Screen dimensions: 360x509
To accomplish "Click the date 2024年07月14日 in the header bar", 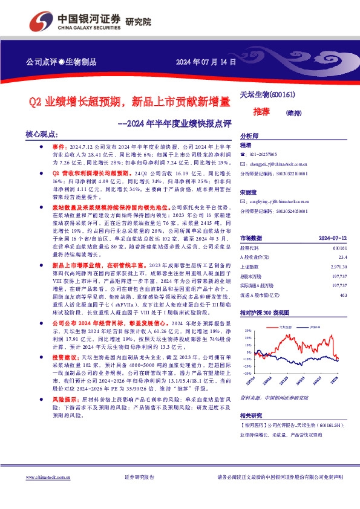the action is point(206,62).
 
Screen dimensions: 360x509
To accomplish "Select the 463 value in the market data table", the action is point(343,294).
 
